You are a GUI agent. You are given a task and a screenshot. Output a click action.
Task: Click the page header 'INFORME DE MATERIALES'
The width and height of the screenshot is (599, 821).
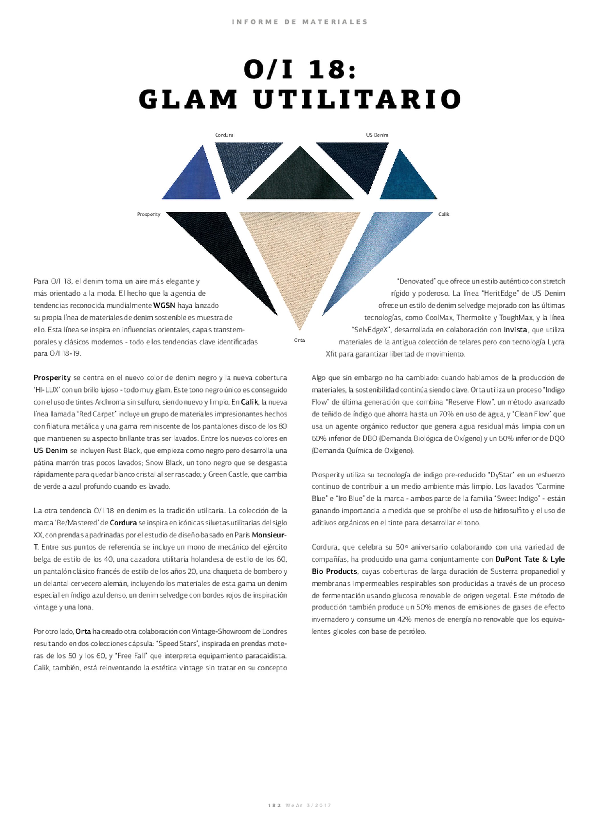coord(299,22)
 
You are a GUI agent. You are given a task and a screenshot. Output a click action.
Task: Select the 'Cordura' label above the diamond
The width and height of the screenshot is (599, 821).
coord(224,135)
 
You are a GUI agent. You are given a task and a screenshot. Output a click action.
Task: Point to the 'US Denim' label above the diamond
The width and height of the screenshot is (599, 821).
coord(377,135)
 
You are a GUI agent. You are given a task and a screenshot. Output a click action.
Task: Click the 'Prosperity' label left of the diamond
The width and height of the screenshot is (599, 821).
coord(149,214)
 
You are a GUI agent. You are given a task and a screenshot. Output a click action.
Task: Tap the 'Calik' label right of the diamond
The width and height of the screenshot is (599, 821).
coord(443,214)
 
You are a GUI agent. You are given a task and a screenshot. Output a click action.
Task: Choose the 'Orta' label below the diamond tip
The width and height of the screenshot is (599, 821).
coord(299,340)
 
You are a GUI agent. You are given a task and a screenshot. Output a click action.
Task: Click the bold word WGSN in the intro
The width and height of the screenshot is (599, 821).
coord(164,306)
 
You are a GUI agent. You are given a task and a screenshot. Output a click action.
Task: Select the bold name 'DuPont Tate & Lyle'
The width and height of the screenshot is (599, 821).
coord(530,559)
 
